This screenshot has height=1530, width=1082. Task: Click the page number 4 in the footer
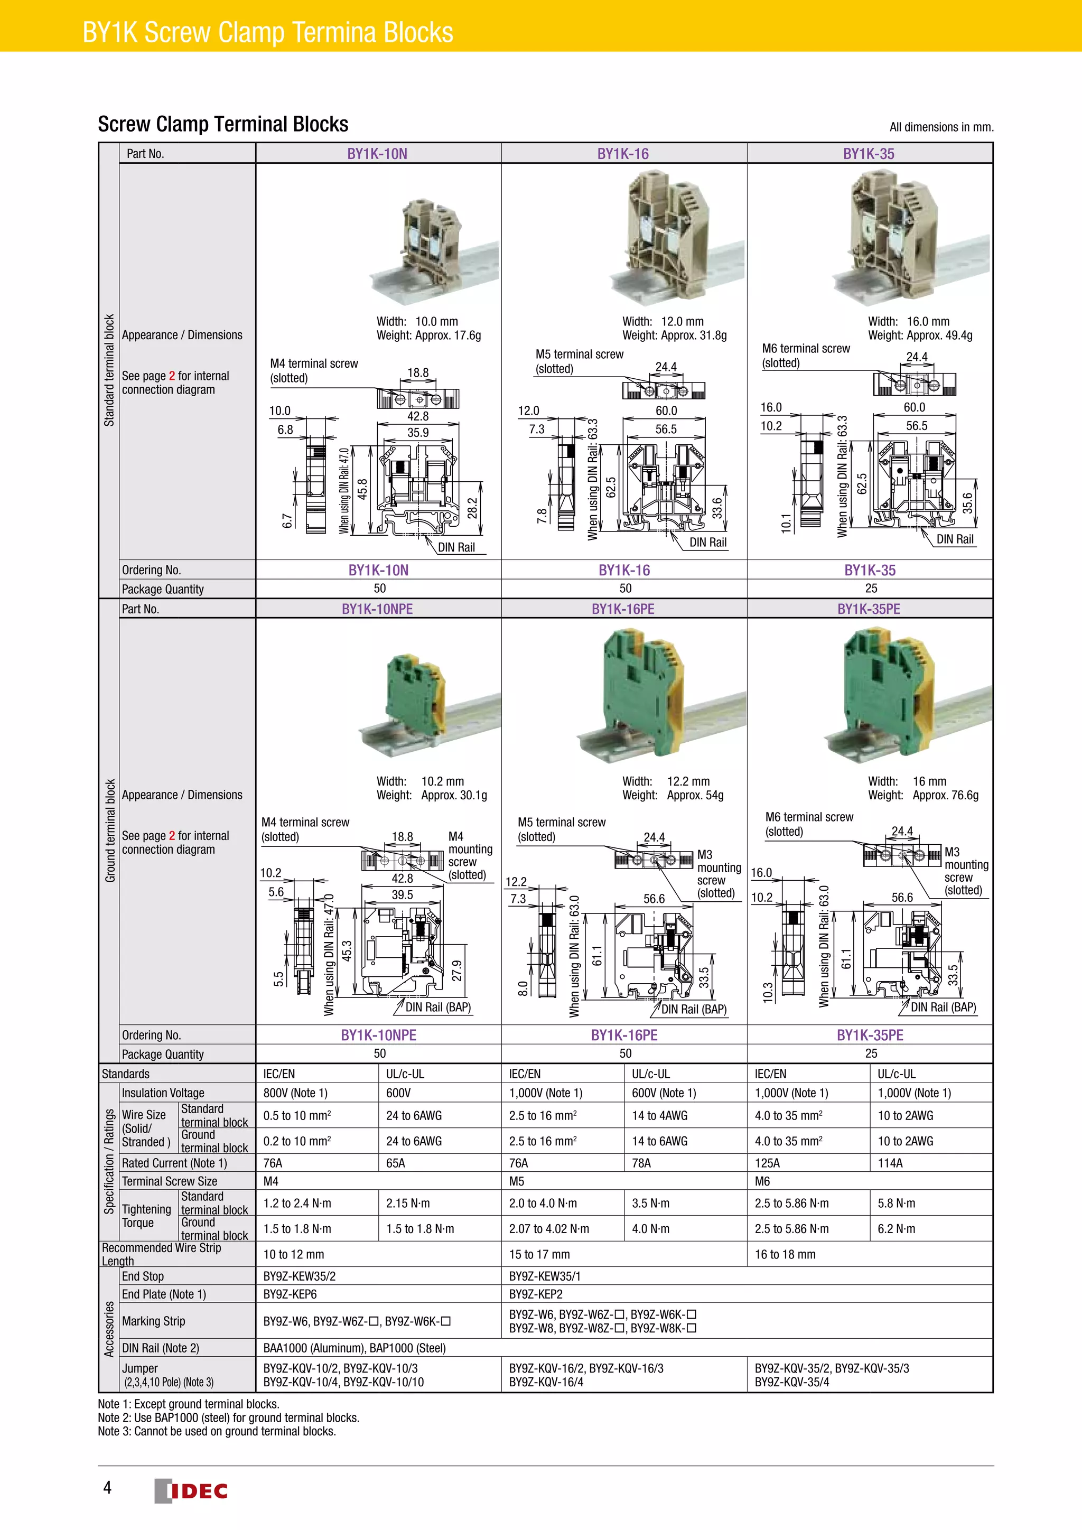pyautogui.click(x=107, y=1487)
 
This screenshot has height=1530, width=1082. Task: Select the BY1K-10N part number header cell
pyautogui.click(x=377, y=154)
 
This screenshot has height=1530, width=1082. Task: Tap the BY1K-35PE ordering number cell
pyautogui.click(x=870, y=1035)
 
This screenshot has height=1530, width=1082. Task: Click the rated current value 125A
pyautogui.click(x=767, y=1163)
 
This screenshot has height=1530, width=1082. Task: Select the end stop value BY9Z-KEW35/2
pyautogui.click(x=299, y=1276)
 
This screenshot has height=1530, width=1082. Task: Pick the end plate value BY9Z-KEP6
pyautogui.click(x=290, y=1294)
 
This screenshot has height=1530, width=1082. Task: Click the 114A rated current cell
pyautogui.click(x=890, y=1163)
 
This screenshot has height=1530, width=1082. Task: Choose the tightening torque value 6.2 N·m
pyautogui.click(x=896, y=1228)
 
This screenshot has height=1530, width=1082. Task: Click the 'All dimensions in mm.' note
pyautogui.click(x=941, y=127)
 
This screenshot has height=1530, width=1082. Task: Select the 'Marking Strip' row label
pyautogui.click(x=153, y=1321)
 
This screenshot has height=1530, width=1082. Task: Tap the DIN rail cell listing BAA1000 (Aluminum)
pyautogui.click(x=355, y=1347)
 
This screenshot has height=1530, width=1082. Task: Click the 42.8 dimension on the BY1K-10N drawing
pyautogui.click(x=418, y=416)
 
